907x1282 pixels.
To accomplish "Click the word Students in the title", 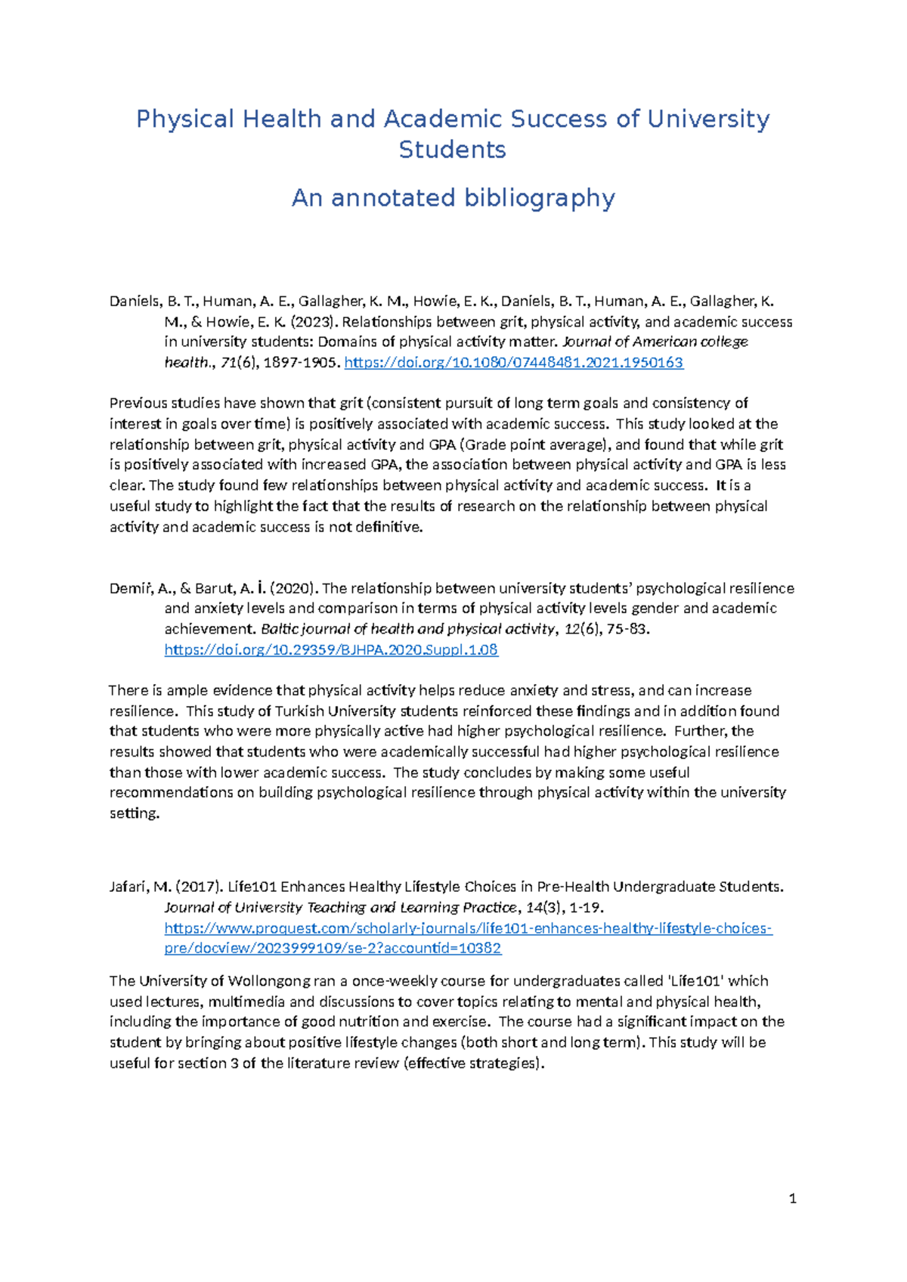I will [x=452, y=150].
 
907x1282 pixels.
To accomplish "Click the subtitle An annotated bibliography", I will [x=453, y=198].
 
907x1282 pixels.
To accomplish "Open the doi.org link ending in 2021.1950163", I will [x=513, y=363].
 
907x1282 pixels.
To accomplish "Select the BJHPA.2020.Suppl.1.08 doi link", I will [x=331, y=649].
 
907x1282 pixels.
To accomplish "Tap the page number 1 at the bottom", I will [x=792, y=1198].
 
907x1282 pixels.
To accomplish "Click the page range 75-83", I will [x=626, y=629].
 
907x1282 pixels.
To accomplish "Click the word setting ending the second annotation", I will [x=134, y=813].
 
